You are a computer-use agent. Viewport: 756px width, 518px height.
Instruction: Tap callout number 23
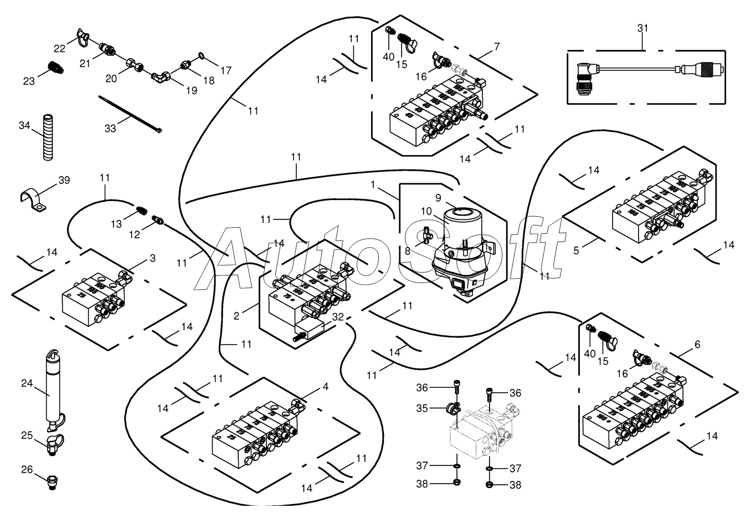tap(29, 81)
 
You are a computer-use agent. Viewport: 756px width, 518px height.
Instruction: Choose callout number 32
tap(338, 317)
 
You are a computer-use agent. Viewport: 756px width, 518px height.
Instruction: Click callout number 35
tap(421, 408)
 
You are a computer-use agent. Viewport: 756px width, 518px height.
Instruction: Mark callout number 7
tap(497, 47)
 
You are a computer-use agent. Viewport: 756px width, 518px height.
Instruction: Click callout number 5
tap(577, 250)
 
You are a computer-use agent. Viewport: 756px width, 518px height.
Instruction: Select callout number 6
tap(697, 345)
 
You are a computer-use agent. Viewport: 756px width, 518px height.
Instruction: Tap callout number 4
tap(325, 387)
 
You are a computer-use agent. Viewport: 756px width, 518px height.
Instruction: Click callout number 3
tap(152, 258)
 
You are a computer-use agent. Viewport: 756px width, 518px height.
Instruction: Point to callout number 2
tap(236, 316)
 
